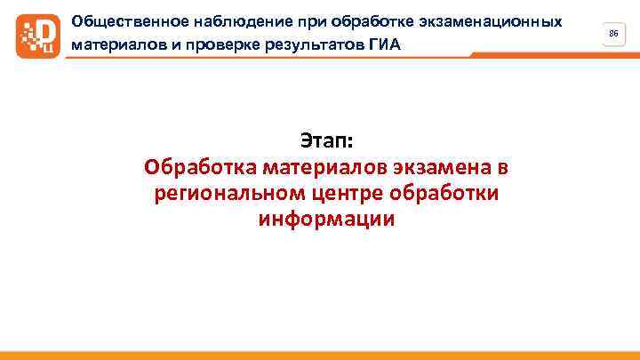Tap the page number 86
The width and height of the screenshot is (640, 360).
coord(612,33)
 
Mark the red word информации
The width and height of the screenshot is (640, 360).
coord(326,220)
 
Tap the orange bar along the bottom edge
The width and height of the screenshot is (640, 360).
coord(320,355)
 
